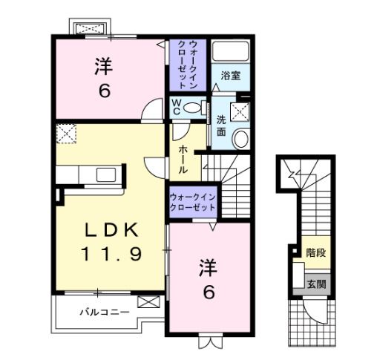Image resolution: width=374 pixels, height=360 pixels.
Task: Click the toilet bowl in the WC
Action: tap(192, 107)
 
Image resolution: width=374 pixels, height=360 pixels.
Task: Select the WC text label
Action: tap(177, 107)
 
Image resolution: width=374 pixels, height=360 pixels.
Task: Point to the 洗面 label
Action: tap(221, 125)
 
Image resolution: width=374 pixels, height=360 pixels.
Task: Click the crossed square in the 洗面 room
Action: tap(240, 112)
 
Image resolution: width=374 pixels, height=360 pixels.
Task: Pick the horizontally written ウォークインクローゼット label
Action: tap(192, 201)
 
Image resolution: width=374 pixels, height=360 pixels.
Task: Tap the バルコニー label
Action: tap(105, 312)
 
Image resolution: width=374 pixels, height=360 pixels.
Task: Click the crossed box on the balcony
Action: tap(149, 303)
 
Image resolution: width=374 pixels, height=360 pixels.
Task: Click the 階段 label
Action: tap(315, 252)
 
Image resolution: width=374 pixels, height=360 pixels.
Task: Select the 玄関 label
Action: tap(316, 284)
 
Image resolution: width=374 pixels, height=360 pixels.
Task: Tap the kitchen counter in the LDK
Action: tap(89, 174)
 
